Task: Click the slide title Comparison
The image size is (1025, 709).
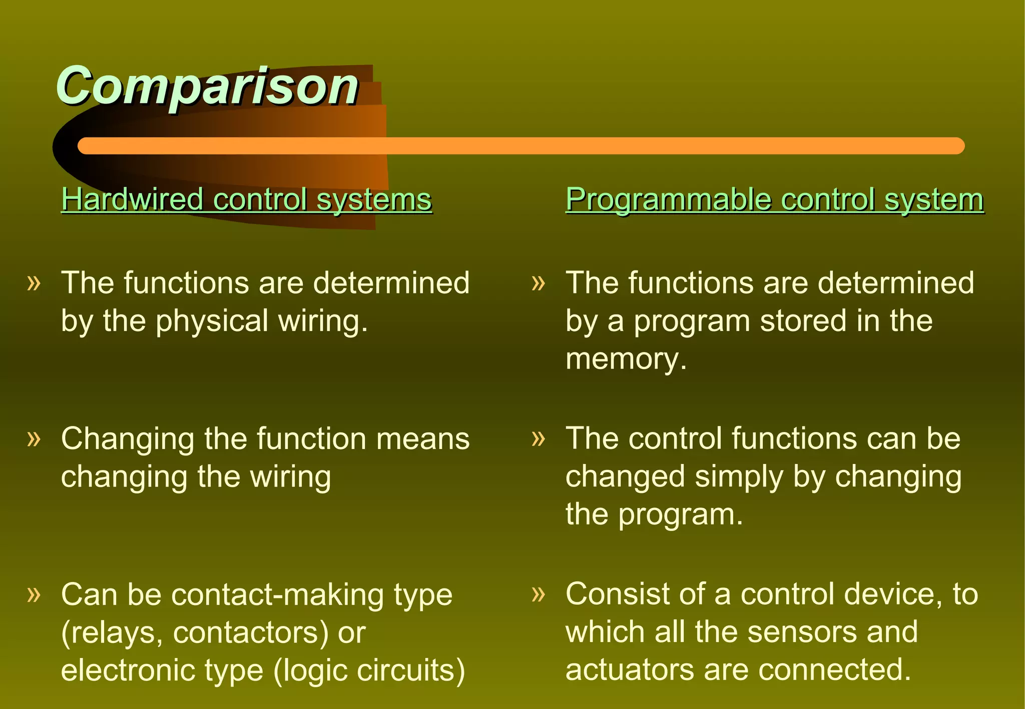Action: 207,86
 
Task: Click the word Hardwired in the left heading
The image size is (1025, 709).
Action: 132,199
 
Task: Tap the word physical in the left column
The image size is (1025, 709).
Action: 212,321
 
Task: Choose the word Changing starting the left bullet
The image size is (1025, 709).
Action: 127,439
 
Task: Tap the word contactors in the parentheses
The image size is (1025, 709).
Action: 250,632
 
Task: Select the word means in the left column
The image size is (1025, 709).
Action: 423,439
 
